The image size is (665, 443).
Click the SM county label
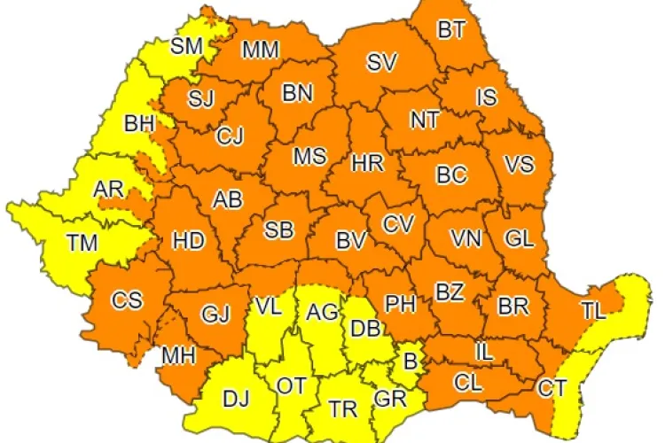pyautogui.click(x=187, y=45)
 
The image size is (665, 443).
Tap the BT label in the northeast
pyautogui.click(x=450, y=31)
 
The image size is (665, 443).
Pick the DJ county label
pyautogui.click(x=236, y=399)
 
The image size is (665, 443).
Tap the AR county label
pyautogui.click(x=108, y=190)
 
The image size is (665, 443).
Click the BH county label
pyautogui.click(x=139, y=124)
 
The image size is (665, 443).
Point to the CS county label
pyautogui.click(x=127, y=299)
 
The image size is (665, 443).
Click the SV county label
pyautogui.click(x=382, y=63)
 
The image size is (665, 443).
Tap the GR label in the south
pyautogui.click(x=390, y=399)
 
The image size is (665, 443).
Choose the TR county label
pyautogui.click(x=343, y=409)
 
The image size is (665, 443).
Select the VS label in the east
pyautogui.click(x=519, y=165)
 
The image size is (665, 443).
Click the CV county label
pyautogui.click(x=398, y=224)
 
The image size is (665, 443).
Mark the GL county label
pyautogui.click(x=520, y=239)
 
